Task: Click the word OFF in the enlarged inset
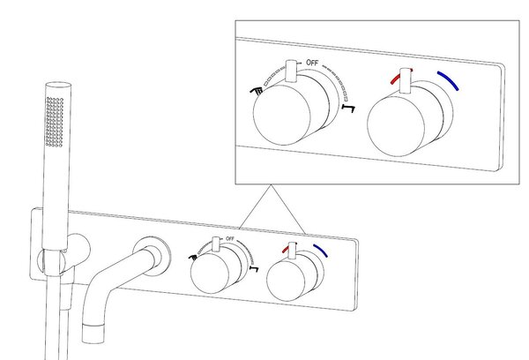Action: (x=313, y=62)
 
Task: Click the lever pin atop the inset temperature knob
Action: (x=406, y=78)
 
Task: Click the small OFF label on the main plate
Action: (x=230, y=239)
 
